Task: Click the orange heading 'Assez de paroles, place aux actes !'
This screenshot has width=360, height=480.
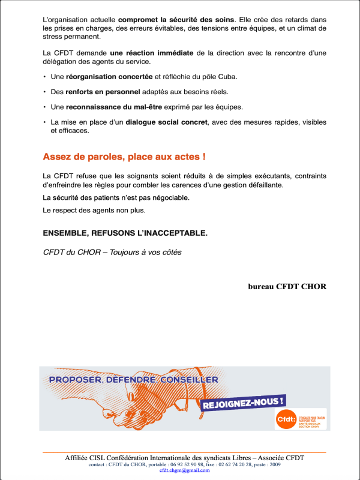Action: coord(124,157)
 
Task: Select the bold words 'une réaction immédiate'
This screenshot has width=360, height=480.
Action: coord(152,53)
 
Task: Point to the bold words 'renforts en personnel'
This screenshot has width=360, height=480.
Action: coord(103,92)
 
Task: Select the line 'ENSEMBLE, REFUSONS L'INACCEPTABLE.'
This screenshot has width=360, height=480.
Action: coord(125,233)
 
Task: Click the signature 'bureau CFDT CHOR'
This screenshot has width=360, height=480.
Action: coord(287,286)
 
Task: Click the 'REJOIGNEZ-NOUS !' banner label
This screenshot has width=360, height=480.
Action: coord(244,403)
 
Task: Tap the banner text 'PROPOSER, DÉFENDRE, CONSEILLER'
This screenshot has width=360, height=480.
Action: coord(133,380)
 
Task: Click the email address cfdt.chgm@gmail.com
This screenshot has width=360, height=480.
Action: coord(184,470)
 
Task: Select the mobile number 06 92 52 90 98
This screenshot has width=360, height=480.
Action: coord(179,464)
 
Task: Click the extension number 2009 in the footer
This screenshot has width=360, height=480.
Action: coord(275,464)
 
